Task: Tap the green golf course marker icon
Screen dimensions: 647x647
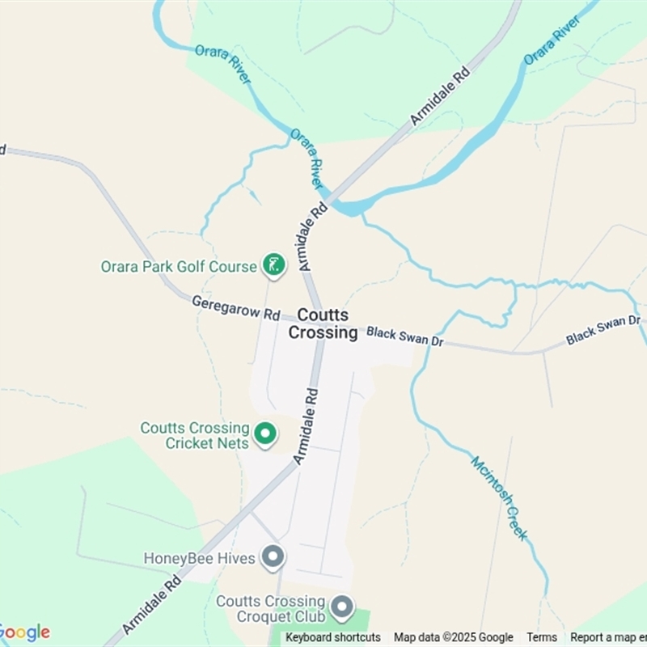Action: point(274,264)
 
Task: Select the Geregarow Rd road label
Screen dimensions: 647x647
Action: point(235,307)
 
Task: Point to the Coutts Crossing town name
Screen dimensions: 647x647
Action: point(323,323)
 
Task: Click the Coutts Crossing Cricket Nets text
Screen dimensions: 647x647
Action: point(194,435)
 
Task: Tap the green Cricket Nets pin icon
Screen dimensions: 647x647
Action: point(264,434)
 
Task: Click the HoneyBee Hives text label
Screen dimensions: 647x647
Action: point(200,558)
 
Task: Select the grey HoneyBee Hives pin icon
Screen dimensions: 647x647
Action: point(274,556)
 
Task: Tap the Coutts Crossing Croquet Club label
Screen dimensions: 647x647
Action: point(271,609)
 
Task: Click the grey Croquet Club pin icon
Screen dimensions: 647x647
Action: point(343,607)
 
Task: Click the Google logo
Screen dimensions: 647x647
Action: point(24,632)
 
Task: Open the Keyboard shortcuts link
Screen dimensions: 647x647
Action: point(333,637)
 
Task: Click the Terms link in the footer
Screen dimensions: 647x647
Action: point(542,637)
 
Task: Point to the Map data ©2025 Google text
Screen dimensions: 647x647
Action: point(454,637)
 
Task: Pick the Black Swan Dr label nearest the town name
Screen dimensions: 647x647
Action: point(405,336)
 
